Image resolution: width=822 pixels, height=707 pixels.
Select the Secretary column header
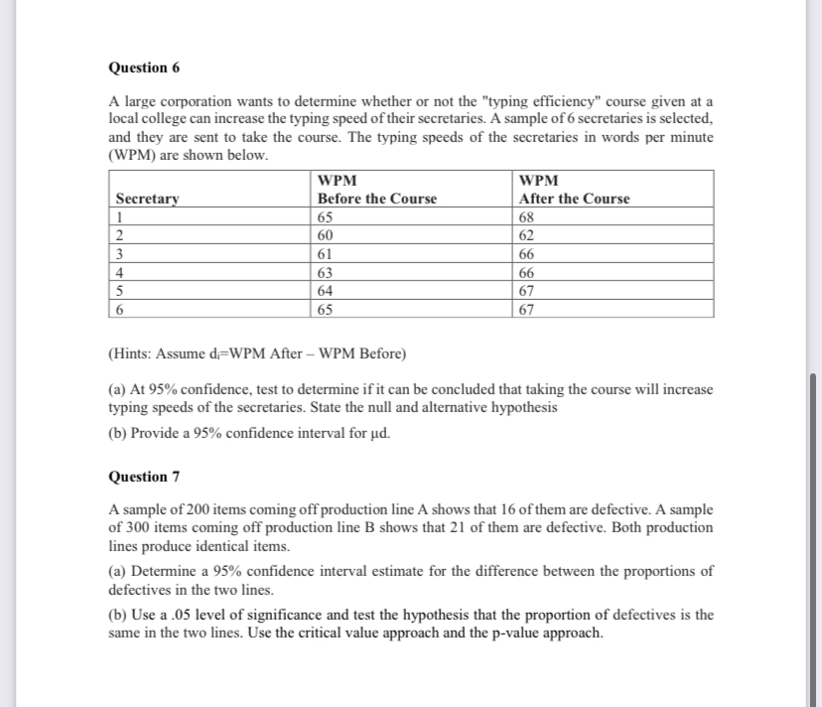148,199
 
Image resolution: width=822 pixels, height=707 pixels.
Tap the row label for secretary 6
120,309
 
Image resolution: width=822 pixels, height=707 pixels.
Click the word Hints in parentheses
132,354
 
